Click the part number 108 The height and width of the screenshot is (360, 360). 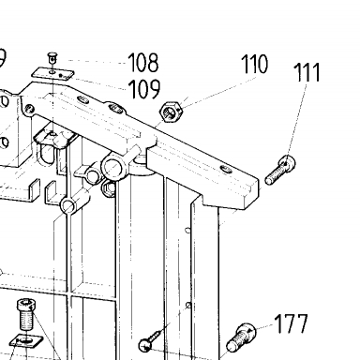pyautogui.click(x=143, y=63)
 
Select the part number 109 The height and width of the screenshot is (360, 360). pyautogui.click(x=144, y=89)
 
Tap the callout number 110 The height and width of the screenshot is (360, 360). pyautogui.click(x=255, y=64)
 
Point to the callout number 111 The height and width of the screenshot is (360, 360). pyautogui.click(x=307, y=72)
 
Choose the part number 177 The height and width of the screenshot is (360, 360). pyautogui.click(x=292, y=324)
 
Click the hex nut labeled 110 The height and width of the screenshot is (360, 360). pyautogui.click(x=171, y=112)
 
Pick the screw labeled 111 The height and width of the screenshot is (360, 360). pyautogui.click(x=280, y=171)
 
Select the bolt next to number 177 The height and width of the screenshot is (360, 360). pyautogui.click(x=241, y=337)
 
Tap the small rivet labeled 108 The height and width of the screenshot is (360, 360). pyautogui.click(x=52, y=59)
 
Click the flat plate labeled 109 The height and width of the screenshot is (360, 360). pyautogui.click(x=52, y=74)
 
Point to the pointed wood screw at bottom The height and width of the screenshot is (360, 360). pyautogui.click(x=154, y=337)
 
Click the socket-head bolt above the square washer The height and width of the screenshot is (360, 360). pyautogui.click(x=26, y=314)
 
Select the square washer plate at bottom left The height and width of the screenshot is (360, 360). pyautogui.click(x=26, y=340)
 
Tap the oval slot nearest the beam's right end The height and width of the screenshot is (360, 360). pyautogui.click(x=226, y=170)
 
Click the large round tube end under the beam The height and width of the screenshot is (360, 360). pyautogui.click(x=112, y=167)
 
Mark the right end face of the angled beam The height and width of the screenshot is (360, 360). pyautogui.click(x=252, y=193)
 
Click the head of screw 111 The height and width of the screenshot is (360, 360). pyautogui.click(x=288, y=162)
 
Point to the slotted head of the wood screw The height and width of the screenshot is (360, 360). pyautogui.click(x=145, y=345)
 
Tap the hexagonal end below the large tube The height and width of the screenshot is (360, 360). pyautogui.click(x=109, y=188)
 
